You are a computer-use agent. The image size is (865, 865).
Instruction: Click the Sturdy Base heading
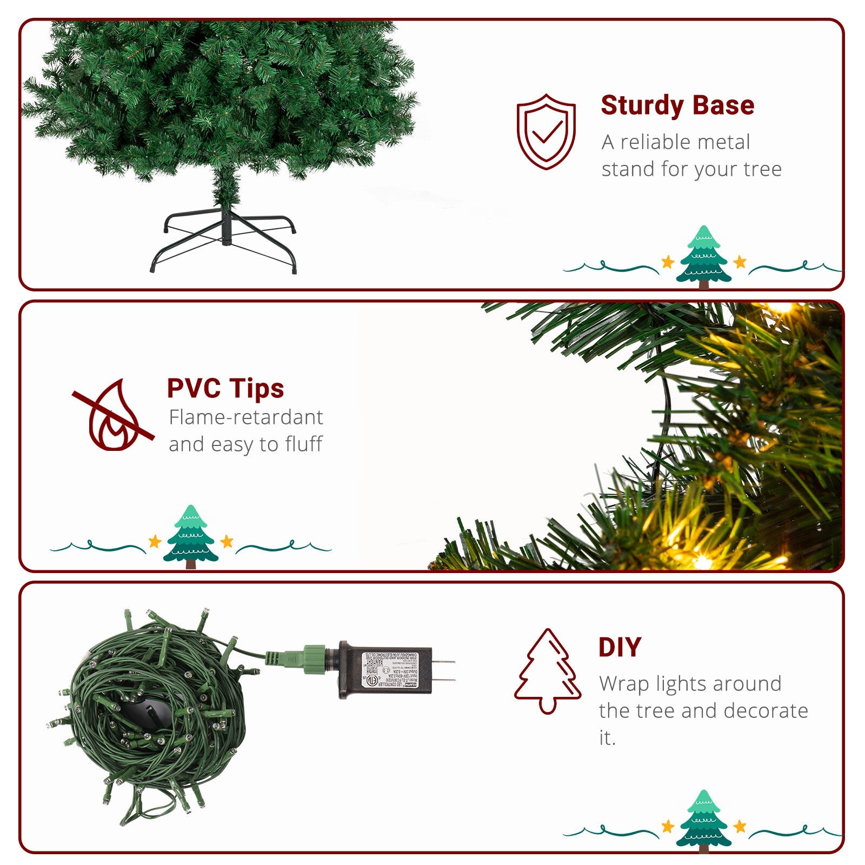(x=677, y=105)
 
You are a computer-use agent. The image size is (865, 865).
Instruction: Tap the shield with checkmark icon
(x=546, y=131)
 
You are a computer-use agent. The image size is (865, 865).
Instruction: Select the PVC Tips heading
(x=225, y=388)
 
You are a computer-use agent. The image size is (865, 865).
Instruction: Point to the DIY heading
(x=620, y=647)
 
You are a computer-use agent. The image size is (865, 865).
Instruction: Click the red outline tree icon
(x=547, y=670)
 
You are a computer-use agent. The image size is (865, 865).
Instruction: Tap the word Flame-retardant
(x=245, y=417)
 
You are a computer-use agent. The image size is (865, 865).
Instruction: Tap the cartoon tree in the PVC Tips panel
(x=190, y=536)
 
